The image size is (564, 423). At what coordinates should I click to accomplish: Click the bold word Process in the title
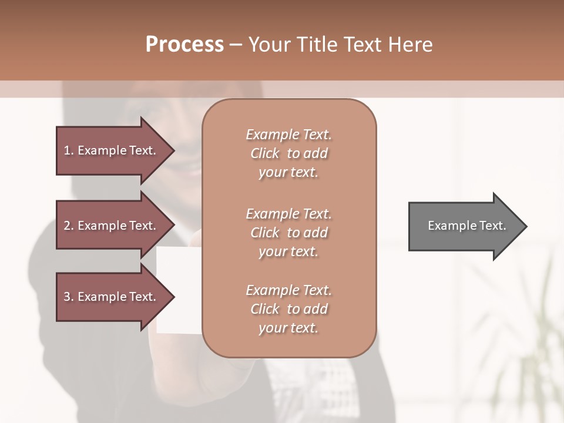tap(184, 45)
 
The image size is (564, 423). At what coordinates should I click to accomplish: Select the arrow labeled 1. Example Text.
tap(112, 150)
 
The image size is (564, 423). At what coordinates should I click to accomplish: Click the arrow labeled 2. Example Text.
tap(112, 226)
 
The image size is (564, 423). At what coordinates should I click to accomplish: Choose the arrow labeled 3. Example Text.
tap(112, 297)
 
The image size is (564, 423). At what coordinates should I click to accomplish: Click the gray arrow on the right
tap(464, 226)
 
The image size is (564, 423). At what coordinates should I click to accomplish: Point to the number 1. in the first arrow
tap(69, 150)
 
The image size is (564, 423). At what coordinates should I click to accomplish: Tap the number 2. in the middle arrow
tap(69, 226)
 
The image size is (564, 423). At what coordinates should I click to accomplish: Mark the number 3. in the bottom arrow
tap(69, 297)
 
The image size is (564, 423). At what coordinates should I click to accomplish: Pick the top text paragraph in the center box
tap(288, 153)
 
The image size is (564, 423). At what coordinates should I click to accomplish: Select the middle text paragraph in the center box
tap(288, 233)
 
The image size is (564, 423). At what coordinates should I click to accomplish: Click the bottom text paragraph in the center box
tap(288, 309)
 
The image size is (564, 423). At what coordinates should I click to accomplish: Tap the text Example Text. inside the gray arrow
tap(466, 226)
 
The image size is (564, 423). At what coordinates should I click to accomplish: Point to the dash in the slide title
tap(236, 45)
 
